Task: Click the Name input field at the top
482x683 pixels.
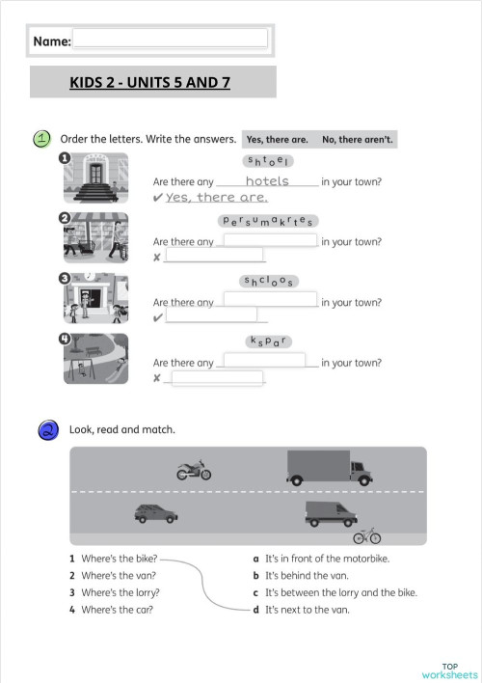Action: (x=170, y=39)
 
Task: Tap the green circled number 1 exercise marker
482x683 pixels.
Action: (x=41, y=139)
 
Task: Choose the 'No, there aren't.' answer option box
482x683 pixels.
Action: (x=357, y=140)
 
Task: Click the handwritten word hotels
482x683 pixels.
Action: (x=267, y=180)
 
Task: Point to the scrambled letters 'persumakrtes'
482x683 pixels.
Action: (x=269, y=221)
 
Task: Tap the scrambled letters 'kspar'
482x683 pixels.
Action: (x=269, y=341)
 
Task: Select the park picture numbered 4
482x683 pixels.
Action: (x=94, y=358)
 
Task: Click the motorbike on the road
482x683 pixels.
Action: (x=193, y=471)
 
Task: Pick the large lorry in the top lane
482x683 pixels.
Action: (x=329, y=468)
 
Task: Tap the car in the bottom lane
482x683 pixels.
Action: (x=156, y=514)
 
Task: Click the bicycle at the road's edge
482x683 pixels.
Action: (x=366, y=534)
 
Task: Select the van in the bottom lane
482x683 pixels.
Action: (x=331, y=513)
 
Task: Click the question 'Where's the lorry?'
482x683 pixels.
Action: (x=120, y=592)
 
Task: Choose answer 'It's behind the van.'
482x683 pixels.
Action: (x=307, y=575)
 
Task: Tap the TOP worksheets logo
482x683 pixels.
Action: (x=449, y=669)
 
